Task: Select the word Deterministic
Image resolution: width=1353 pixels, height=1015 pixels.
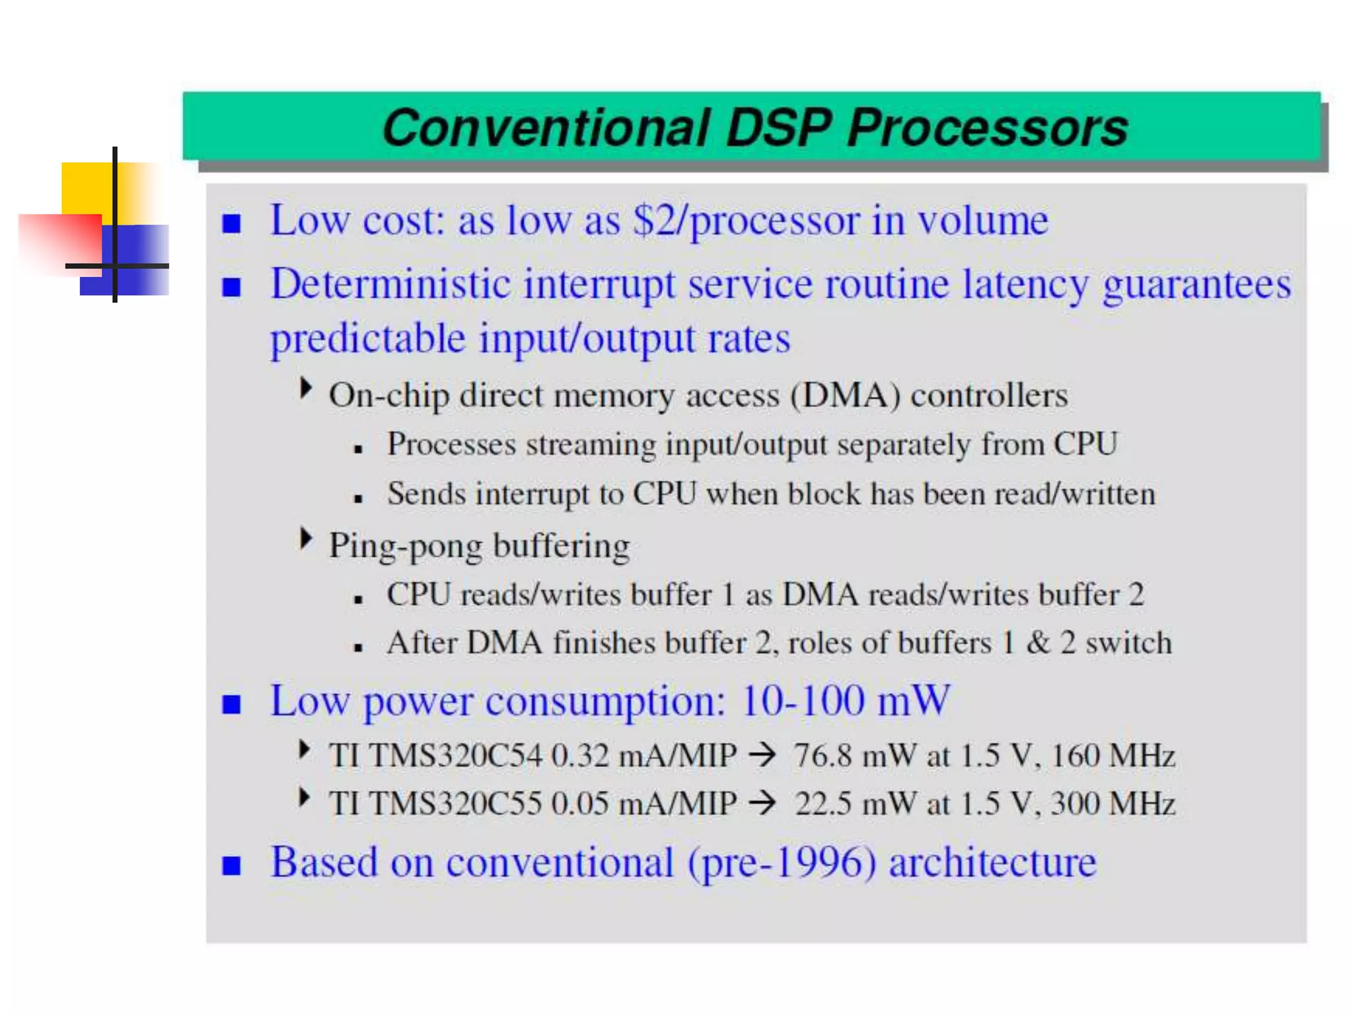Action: click(x=390, y=285)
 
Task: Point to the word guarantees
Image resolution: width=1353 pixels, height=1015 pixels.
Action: click(x=1196, y=285)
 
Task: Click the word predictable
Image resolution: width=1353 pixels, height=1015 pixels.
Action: click(x=368, y=339)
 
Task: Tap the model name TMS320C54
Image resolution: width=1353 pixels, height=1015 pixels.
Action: click(x=455, y=755)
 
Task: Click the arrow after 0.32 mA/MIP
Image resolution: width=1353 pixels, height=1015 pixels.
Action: click(x=762, y=755)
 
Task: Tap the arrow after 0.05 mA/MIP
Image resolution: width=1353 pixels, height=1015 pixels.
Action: click(x=762, y=804)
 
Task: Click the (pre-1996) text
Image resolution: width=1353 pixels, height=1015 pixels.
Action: click(x=782, y=862)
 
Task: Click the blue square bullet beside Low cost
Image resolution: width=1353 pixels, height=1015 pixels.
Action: click(x=231, y=223)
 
